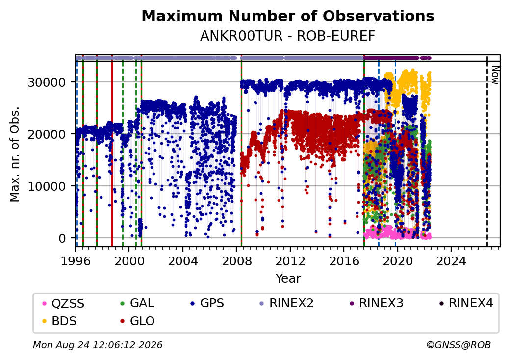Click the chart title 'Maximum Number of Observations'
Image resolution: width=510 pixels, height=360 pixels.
(x=288, y=16)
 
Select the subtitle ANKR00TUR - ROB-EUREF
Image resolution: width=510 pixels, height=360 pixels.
(x=287, y=36)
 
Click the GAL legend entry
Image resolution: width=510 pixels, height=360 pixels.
(x=137, y=303)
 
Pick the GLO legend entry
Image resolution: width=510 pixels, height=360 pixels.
(x=137, y=321)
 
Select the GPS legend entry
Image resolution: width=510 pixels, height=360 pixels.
(x=207, y=303)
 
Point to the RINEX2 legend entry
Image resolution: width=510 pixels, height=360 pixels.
(x=286, y=303)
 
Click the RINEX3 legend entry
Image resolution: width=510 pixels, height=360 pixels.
(x=376, y=303)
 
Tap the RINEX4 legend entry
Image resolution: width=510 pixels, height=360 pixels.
(x=466, y=303)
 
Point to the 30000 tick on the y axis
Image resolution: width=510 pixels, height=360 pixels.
(x=47, y=82)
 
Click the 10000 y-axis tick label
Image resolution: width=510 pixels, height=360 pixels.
(x=47, y=187)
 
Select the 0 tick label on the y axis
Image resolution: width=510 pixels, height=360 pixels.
(x=62, y=239)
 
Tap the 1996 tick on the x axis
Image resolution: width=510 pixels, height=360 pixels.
(x=76, y=261)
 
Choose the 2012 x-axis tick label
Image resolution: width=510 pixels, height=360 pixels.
(x=290, y=261)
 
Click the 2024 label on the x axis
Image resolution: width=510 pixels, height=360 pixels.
(x=451, y=261)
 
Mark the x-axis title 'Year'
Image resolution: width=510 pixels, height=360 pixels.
(x=288, y=279)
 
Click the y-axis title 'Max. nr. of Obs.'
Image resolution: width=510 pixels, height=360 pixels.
(x=15, y=154)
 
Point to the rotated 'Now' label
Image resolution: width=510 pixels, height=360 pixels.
(x=495, y=75)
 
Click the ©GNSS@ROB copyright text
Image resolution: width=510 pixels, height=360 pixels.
(x=459, y=345)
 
